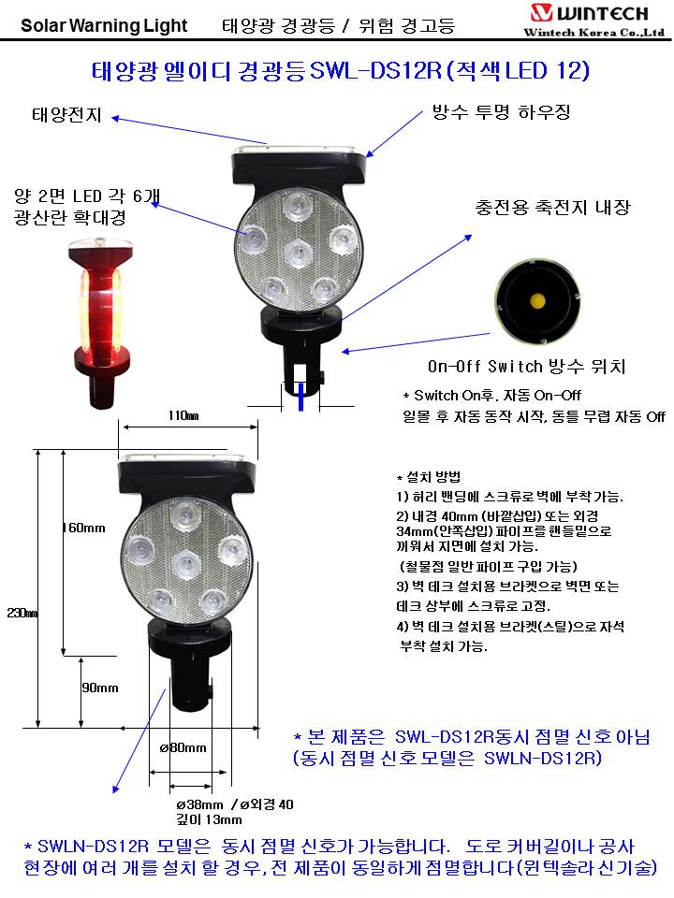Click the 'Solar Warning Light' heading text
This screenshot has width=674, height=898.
point(104,26)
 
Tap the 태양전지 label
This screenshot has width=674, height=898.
point(66,115)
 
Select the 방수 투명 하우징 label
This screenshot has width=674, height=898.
point(501,111)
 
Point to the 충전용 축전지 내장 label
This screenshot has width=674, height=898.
point(552,207)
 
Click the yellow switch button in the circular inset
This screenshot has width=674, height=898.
point(537,300)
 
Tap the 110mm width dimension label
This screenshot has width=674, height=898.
point(183,415)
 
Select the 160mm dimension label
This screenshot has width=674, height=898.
point(83,528)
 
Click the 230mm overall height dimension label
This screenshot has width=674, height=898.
point(22,613)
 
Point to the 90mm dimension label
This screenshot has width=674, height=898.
point(100,688)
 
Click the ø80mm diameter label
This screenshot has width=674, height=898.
point(183,747)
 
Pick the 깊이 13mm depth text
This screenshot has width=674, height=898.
point(209,819)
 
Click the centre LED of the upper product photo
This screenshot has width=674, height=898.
point(299,252)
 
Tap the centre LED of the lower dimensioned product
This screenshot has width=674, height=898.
point(186,563)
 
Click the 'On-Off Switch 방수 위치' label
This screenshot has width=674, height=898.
point(526,366)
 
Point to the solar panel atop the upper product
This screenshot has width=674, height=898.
point(300,150)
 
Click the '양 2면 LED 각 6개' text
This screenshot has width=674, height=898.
point(87,196)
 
